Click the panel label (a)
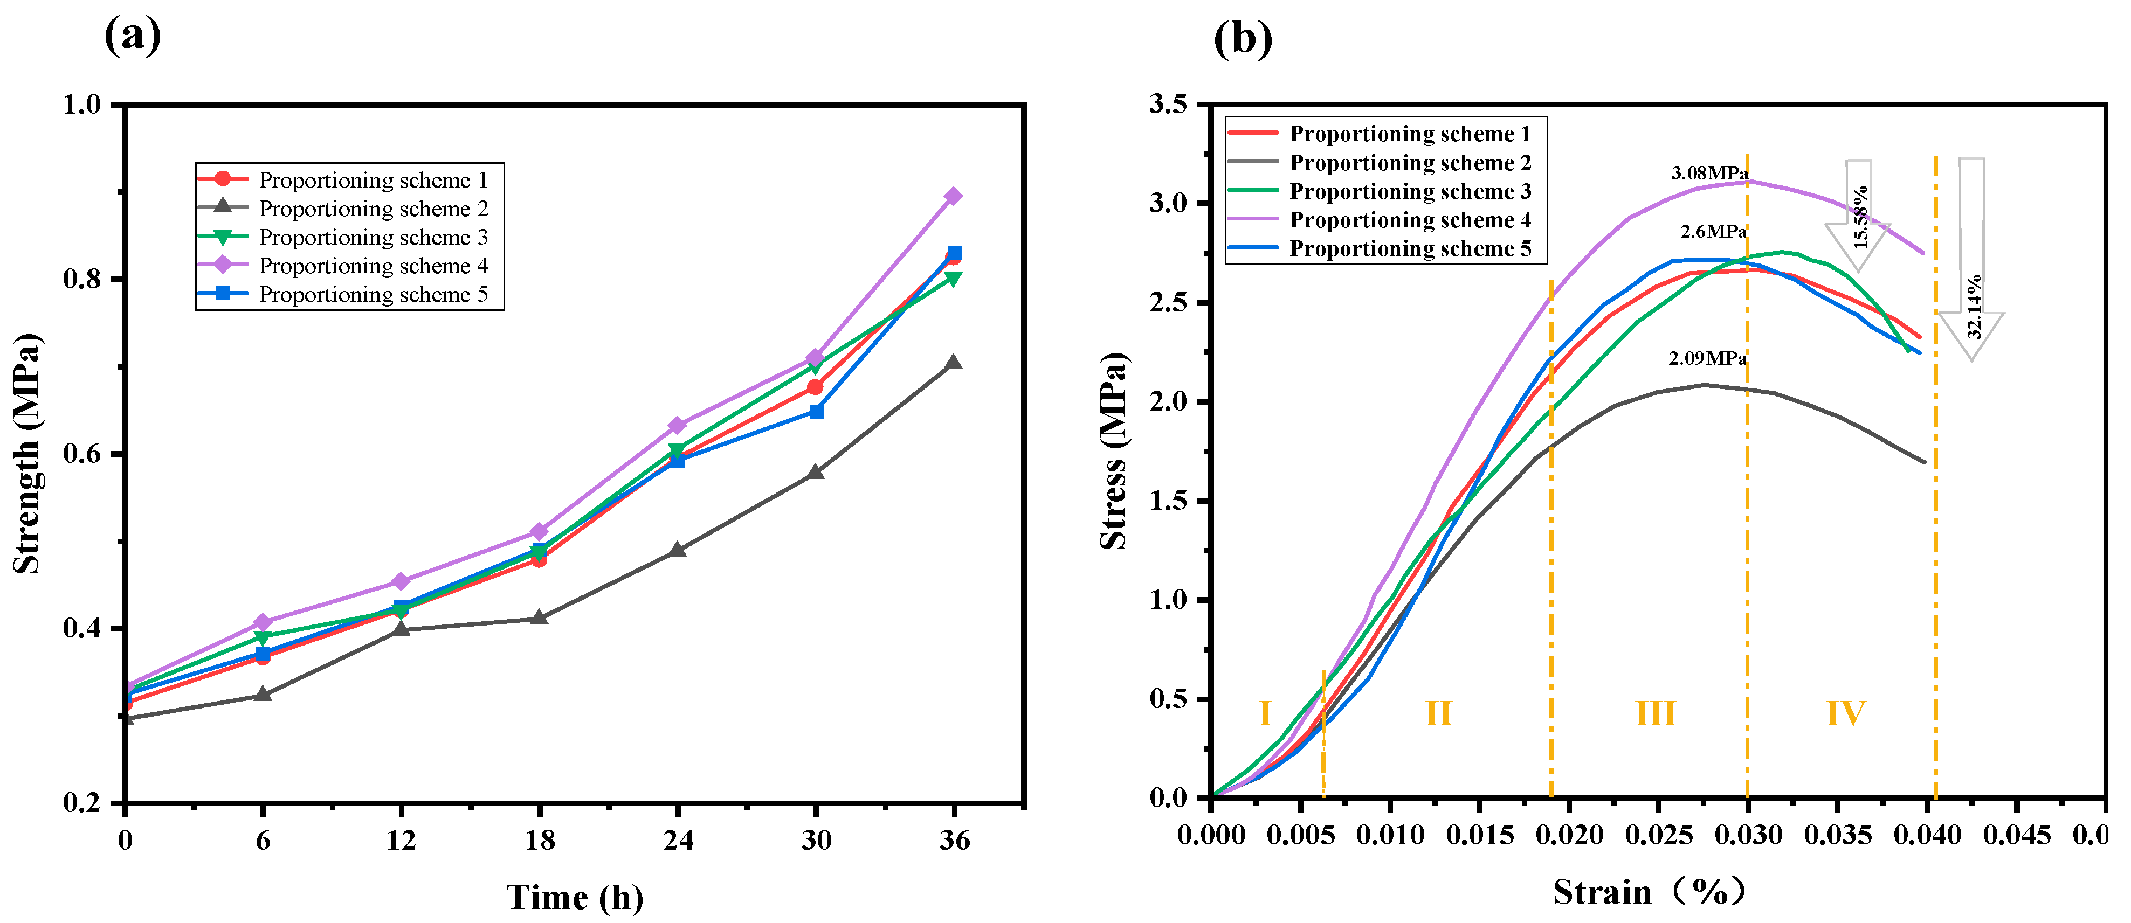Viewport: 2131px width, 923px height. [133, 37]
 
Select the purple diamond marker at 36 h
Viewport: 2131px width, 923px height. [953, 196]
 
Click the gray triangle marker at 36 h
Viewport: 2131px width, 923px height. [953, 362]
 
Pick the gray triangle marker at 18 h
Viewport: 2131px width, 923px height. [539, 618]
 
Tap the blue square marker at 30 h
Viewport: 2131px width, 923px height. [817, 412]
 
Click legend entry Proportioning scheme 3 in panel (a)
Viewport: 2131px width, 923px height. [373, 238]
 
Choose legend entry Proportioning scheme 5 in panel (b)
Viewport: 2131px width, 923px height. [1410, 249]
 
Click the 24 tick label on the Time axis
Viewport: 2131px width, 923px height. [678, 841]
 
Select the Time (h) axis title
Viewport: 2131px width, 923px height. [575, 897]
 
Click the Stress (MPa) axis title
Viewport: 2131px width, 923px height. [1114, 452]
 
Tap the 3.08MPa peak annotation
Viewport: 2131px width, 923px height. [1708, 173]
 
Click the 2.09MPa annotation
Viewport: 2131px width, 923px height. [1707, 358]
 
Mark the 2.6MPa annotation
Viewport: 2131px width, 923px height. [1713, 232]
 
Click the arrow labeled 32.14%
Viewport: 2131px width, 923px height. [1972, 261]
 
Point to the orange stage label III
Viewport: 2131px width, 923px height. [1656, 713]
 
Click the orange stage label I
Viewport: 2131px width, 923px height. [1264, 713]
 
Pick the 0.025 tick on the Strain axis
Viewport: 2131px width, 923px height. [1658, 835]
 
